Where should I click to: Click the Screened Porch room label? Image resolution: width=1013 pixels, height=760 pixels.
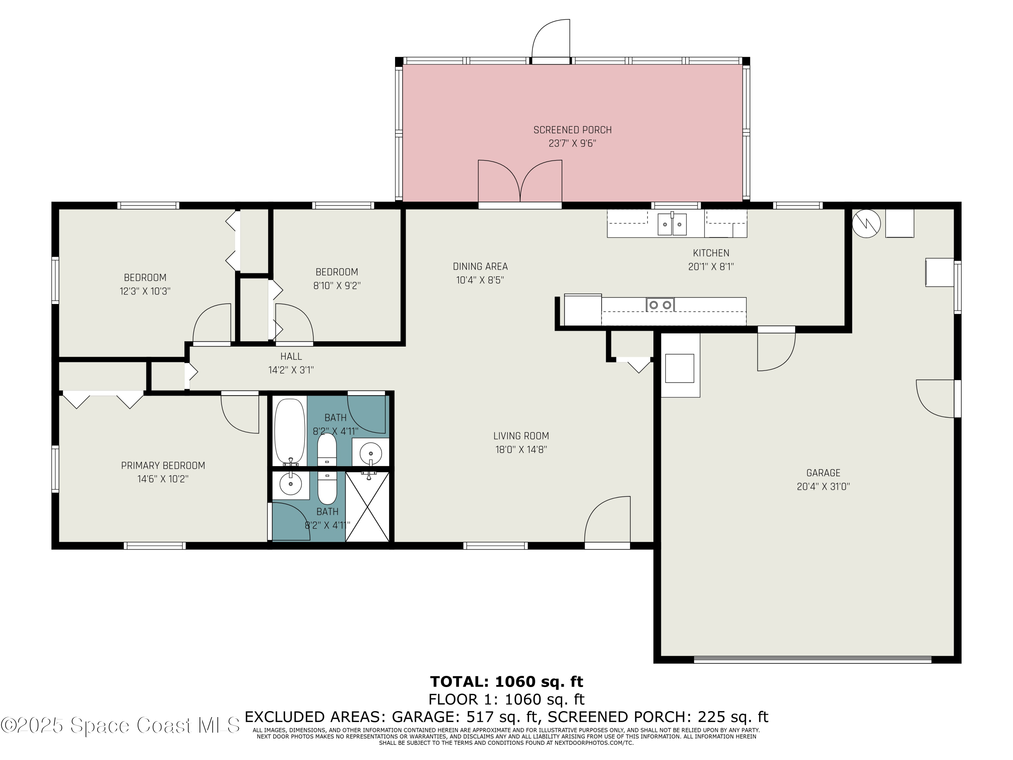[x=572, y=130]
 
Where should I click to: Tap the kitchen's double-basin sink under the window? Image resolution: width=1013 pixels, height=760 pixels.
[x=672, y=224]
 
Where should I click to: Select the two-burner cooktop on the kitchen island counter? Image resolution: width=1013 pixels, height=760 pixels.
[x=660, y=305]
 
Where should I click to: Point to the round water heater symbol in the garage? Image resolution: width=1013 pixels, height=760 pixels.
[x=866, y=224]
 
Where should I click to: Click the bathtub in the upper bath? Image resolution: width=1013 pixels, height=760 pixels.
[x=289, y=432]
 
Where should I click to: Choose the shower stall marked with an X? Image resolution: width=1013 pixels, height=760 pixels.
[x=367, y=507]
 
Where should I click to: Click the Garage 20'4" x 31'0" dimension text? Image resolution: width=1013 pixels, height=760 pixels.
[x=823, y=486]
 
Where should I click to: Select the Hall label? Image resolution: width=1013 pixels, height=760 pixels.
[x=291, y=356]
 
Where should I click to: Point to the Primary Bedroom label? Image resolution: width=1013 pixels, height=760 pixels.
[x=163, y=465]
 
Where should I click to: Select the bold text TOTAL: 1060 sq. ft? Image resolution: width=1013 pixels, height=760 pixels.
[x=506, y=682]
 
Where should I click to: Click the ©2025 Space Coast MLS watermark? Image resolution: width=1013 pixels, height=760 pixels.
[x=120, y=725]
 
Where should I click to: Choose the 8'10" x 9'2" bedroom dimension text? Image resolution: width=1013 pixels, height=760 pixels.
[x=337, y=286]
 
